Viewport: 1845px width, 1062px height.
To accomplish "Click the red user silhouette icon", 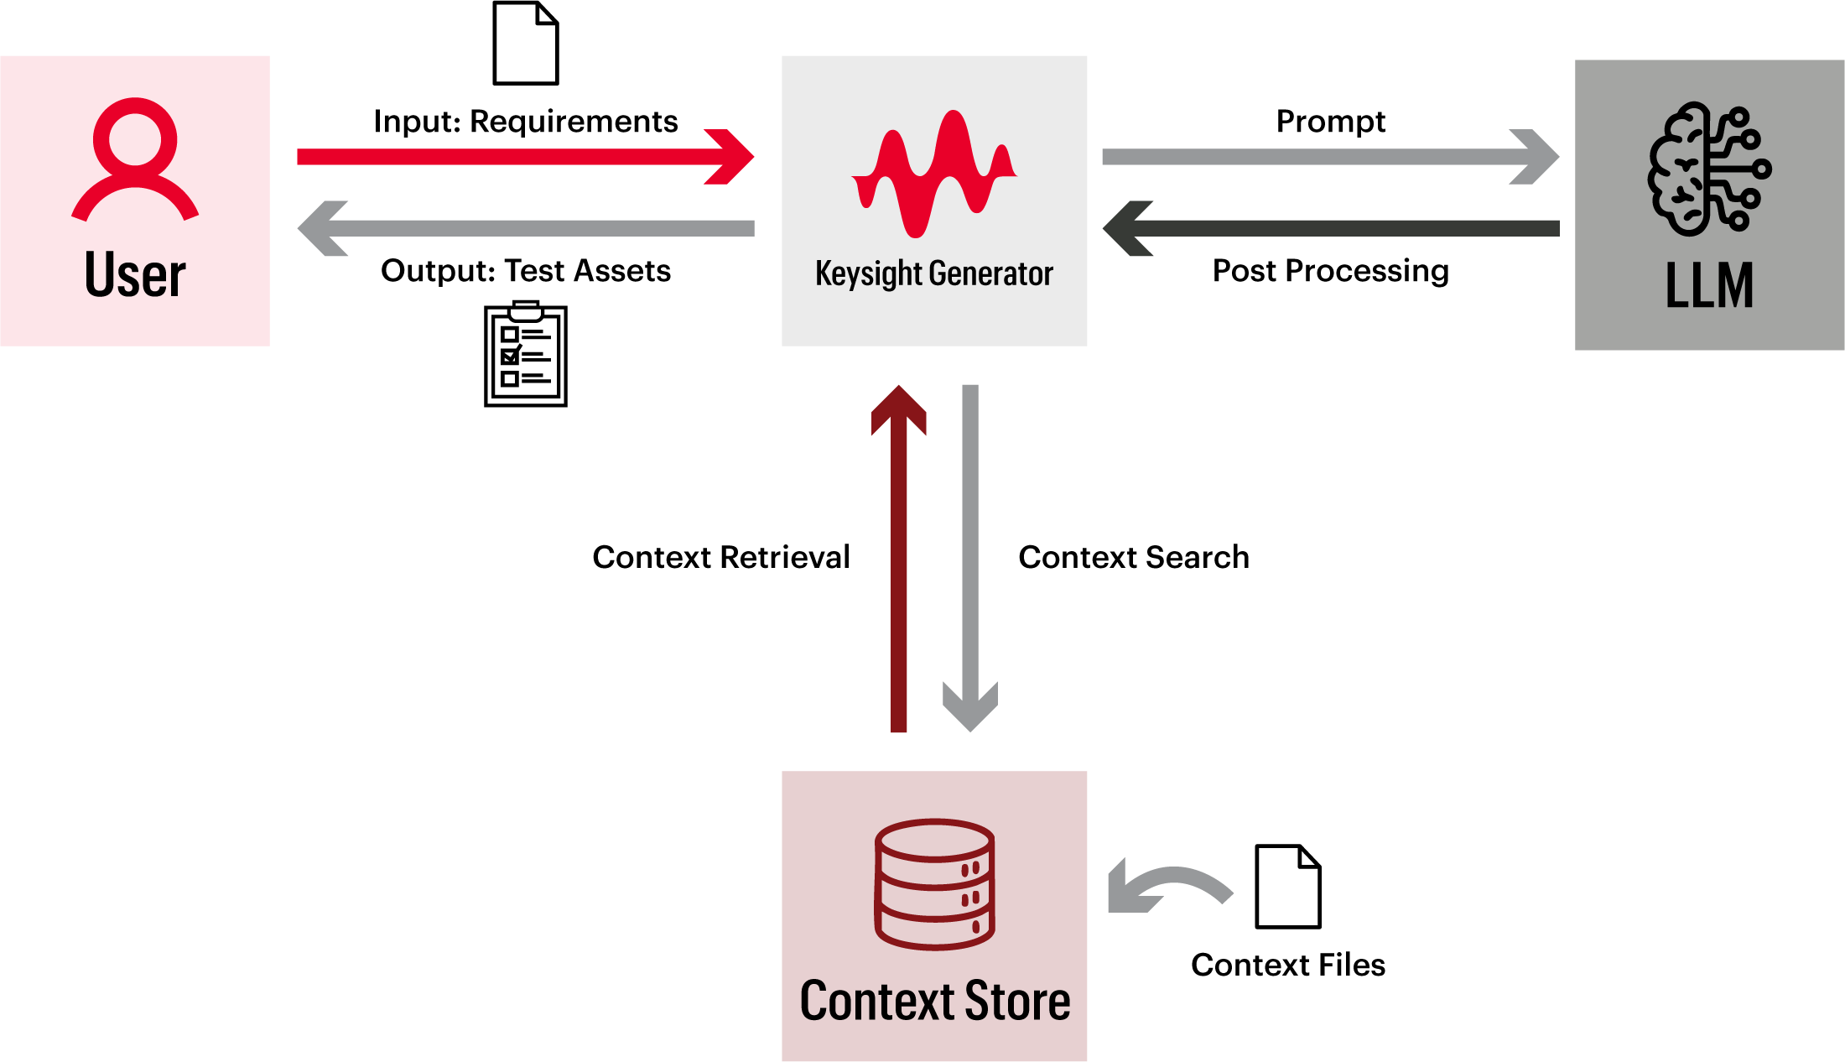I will coord(135,159).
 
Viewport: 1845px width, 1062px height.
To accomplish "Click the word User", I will coord(135,275).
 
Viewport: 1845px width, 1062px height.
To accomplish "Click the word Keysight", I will coord(869,274).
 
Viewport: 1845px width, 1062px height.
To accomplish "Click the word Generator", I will coord(990,273).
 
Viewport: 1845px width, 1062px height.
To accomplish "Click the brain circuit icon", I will coord(1708,169).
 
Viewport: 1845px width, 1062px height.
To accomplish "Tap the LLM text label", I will coord(1709,286).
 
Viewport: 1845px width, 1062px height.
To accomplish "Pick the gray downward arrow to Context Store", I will coord(970,537).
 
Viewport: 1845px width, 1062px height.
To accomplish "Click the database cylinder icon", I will coord(934,884).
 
